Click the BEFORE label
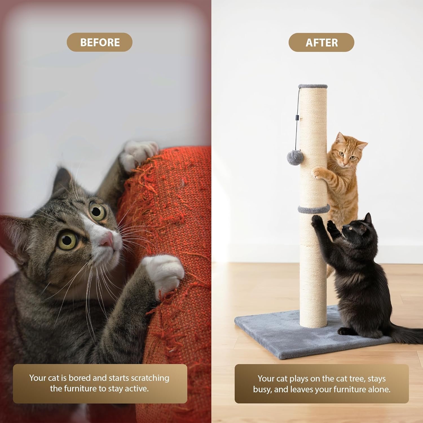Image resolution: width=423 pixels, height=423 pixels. (100, 42)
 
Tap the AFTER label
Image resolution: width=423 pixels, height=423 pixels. (321, 43)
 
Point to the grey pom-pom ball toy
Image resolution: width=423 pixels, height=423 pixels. (295, 158)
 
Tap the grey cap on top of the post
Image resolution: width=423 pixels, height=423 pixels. (313, 86)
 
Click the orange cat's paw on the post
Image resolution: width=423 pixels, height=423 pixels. (318, 172)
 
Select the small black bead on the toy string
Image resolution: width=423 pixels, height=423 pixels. (297, 117)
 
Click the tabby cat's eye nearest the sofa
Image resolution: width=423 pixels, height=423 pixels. (97, 211)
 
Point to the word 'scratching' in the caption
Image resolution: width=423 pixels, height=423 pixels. (150, 378)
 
